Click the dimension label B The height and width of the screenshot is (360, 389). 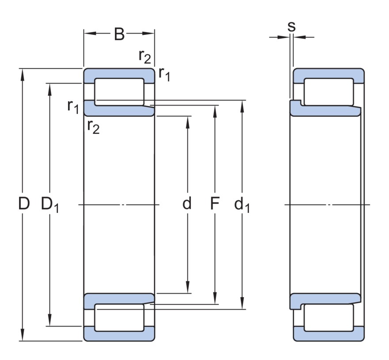point(119,34)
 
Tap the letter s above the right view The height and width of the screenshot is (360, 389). point(291,27)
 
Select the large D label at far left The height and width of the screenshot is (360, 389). point(24,204)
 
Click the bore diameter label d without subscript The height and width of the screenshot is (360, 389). point(188,204)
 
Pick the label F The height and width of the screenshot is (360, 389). point(215,204)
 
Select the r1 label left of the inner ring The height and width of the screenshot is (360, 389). point(73,106)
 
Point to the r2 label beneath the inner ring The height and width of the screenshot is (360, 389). point(93,127)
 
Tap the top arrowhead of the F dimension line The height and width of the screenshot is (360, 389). point(215,109)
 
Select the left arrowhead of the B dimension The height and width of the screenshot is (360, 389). point(88,33)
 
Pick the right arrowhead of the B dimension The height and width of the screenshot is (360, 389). point(150,33)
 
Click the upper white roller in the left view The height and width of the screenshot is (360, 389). point(119,92)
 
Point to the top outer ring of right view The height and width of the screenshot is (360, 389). point(328,74)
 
